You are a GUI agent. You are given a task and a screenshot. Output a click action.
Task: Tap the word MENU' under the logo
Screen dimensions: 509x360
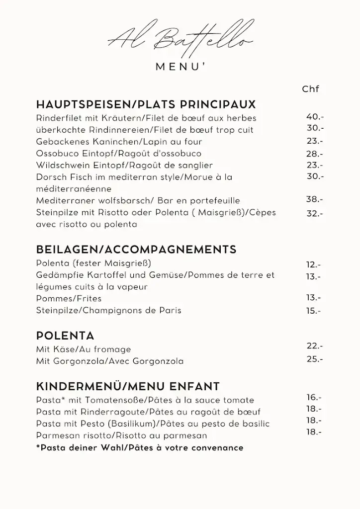180,68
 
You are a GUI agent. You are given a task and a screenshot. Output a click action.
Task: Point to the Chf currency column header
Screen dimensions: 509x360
310,89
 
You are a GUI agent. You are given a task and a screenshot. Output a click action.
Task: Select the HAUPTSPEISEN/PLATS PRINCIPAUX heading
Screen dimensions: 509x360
146,105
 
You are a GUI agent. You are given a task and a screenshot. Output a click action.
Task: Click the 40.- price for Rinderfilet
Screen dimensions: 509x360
315,117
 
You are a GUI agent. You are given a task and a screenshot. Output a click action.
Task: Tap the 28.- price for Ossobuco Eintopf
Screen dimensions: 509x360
315,154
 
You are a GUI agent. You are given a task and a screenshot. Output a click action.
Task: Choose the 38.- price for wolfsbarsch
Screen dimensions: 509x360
315,199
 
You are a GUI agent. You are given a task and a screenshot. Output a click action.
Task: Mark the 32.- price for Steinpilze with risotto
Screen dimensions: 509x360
315,214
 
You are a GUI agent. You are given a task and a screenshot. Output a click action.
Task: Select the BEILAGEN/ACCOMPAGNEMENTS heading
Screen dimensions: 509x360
136,250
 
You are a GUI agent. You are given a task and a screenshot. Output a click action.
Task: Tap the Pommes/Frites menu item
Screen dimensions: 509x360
69,299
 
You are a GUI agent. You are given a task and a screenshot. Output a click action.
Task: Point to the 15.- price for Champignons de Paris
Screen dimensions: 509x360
314,311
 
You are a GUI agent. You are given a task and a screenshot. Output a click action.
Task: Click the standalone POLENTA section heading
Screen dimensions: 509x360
65,336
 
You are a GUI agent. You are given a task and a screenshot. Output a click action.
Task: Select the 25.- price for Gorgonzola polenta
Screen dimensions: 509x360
315,359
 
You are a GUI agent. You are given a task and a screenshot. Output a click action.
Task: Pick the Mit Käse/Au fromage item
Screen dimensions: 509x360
84,349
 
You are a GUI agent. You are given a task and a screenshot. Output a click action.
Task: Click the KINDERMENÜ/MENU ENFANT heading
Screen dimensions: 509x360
128,387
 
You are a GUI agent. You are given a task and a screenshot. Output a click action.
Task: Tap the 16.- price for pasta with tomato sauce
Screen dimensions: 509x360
314,397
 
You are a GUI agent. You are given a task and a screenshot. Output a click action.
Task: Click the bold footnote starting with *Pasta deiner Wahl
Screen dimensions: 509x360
140,448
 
